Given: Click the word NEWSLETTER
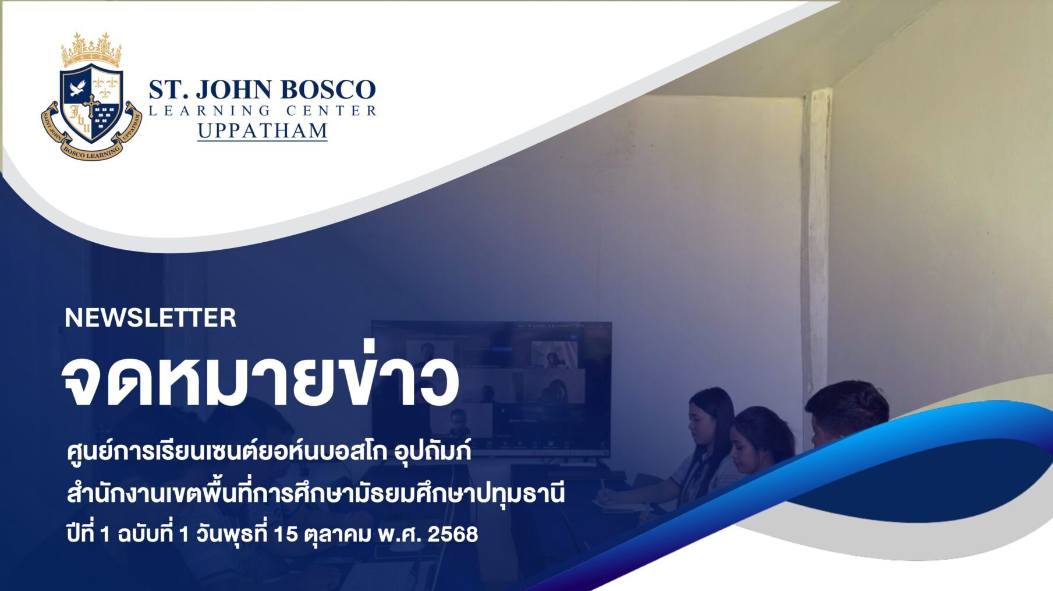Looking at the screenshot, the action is click(x=150, y=318).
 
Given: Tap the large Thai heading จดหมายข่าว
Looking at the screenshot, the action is click(x=260, y=380).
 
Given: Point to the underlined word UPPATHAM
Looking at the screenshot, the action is click(x=263, y=130).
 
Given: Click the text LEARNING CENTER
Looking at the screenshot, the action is click(x=263, y=111).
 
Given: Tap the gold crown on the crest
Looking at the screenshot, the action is click(x=92, y=49).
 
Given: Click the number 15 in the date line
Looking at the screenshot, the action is click(x=285, y=534).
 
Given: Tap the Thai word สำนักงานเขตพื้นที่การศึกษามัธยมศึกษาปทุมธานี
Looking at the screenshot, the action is click(x=316, y=494).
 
